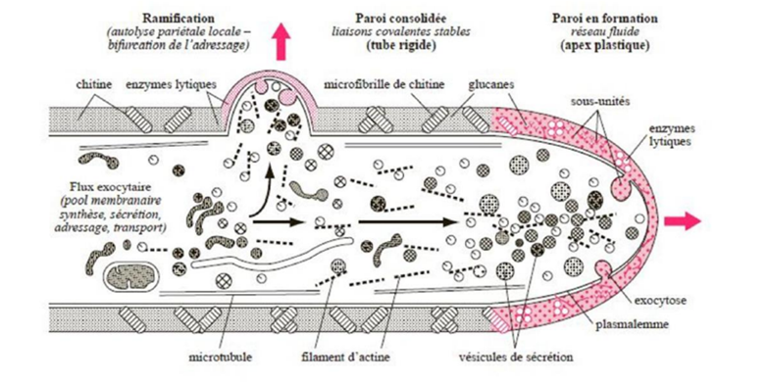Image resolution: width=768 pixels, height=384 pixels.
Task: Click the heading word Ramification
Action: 179,19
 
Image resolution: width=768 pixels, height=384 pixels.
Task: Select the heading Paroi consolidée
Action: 400,19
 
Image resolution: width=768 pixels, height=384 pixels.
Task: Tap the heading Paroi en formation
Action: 605,19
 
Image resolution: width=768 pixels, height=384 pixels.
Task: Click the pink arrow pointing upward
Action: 281,41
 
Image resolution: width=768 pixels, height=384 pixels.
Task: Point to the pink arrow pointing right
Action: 683,220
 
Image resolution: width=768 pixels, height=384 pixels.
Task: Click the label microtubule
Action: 221,358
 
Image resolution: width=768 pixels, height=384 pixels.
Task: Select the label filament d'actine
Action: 346,358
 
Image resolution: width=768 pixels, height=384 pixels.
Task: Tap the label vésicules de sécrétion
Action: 516,358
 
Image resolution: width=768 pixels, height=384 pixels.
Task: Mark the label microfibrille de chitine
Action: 384,84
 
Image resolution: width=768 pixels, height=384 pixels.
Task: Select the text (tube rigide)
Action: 400,45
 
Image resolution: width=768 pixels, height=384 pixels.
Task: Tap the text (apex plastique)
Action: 605,45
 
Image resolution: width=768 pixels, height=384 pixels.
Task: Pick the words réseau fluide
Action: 605,31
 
